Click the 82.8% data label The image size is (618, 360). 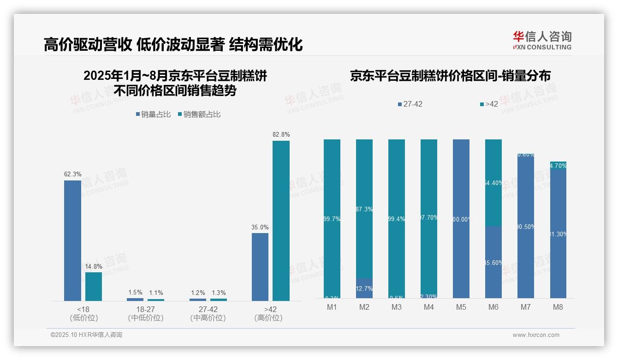(x=281, y=134)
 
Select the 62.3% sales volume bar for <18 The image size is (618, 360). (x=72, y=240)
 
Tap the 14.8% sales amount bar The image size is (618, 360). (x=94, y=286)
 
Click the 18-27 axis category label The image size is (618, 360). (x=145, y=309)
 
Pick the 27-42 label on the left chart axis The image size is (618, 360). (x=208, y=309)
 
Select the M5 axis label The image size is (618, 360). (x=461, y=307)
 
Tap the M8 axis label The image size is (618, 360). (x=558, y=307)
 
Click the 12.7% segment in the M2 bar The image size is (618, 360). (x=364, y=288)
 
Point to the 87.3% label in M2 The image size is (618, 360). (x=364, y=209)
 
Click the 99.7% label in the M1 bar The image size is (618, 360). (x=332, y=219)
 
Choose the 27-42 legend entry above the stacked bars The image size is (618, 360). (x=410, y=104)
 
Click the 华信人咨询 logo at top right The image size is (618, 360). (x=542, y=40)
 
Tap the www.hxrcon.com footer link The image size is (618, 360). (x=536, y=335)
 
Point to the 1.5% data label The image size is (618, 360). (x=135, y=293)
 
